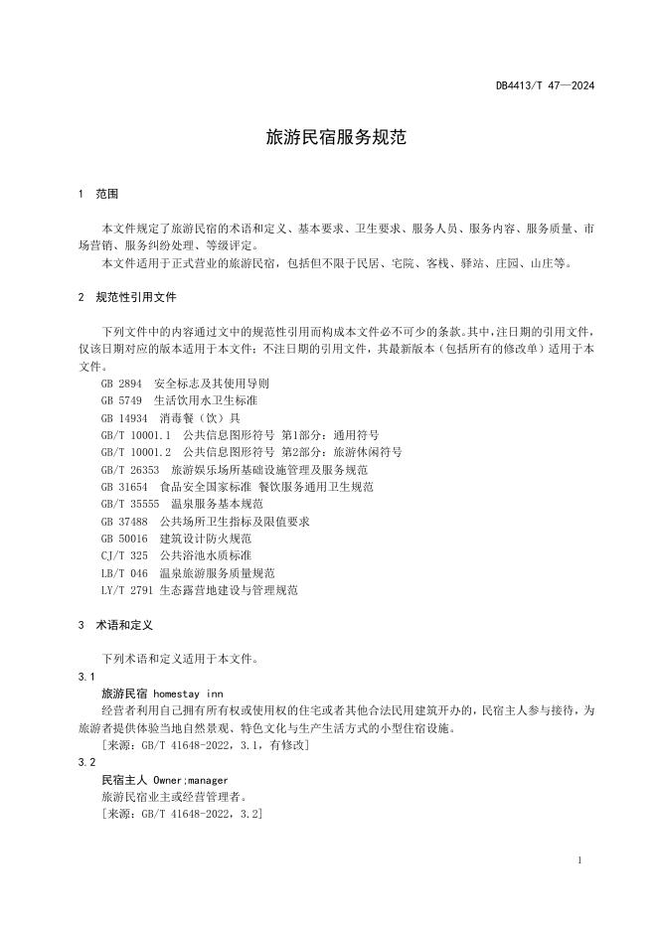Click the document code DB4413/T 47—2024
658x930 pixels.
(x=545, y=86)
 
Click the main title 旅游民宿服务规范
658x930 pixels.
(x=336, y=138)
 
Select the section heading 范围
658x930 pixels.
(x=107, y=193)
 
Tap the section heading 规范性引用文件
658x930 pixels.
(x=136, y=297)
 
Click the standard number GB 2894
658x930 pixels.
(x=121, y=383)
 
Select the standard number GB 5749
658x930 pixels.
(x=121, y=400)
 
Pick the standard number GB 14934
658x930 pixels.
(x=124, y=417)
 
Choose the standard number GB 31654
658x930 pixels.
(x=124, y=487)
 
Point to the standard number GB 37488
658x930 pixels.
(x=124, y=522)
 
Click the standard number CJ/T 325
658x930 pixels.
(x=124, y=555)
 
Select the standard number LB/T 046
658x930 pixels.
(x=124, y=573)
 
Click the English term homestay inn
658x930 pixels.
(x=190, y=693)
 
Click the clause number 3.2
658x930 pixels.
(x=86, y=762)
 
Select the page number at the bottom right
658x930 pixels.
(x=579, y=860)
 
